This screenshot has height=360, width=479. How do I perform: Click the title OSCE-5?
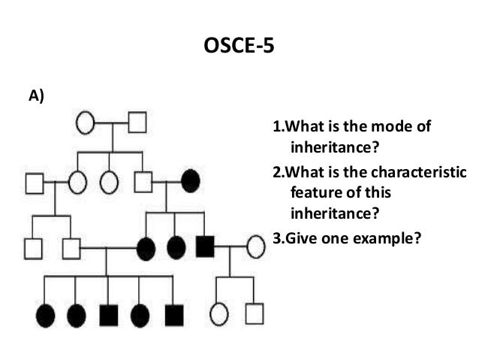tap(239, 50)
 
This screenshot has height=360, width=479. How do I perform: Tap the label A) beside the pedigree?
tap(36, 95)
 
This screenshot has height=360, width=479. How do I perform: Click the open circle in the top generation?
tap(85, 122)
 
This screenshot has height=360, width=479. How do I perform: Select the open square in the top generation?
tap(137, 122)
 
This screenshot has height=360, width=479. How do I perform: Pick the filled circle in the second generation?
tap(190, 180)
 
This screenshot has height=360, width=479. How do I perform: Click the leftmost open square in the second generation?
tap(34, 181)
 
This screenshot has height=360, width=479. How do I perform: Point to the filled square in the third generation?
tap(205, 245)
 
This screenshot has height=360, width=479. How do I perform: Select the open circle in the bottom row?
tap(219, 314)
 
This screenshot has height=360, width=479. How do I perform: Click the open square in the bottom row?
tap(255, 313)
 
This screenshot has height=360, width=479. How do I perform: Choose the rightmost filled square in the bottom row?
tap(173, 315)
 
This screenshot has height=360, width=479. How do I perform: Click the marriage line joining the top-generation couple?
tap(111, 122)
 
